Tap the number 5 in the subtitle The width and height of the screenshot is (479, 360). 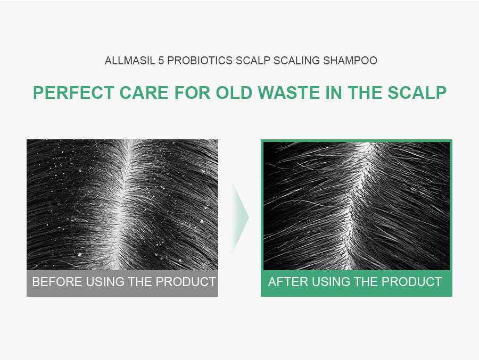(161, 61)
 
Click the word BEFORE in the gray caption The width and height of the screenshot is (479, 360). (53, 282)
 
